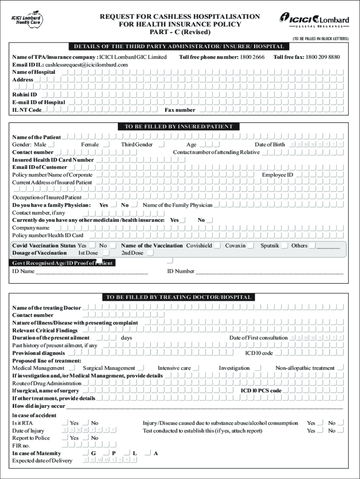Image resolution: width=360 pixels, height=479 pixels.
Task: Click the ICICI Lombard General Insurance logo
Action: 314,21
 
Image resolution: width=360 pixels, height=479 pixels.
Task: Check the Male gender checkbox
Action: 51,145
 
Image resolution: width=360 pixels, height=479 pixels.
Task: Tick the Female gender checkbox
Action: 106,145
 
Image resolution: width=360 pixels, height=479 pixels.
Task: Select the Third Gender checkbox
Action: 161,145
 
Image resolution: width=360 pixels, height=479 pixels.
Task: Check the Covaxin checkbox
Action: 251,246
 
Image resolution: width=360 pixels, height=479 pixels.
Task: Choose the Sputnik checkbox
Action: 285,246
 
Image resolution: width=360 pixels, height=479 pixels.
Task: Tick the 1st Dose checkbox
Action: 106,253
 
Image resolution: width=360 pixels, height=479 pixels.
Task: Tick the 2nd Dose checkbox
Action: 150,253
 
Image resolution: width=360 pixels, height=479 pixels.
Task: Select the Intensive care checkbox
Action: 196,368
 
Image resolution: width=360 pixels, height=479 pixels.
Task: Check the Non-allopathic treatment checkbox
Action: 340,368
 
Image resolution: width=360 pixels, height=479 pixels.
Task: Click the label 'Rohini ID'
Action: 24,95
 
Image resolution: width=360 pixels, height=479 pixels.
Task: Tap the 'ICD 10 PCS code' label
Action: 261,391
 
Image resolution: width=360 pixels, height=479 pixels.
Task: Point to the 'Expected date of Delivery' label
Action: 42,461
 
